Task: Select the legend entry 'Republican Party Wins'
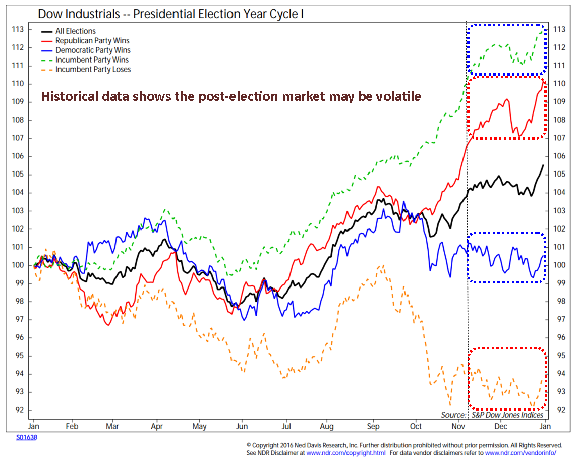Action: pyautogui.click(x=92, y=40)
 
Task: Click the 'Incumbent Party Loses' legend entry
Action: pyautogui.click(x=93, y=69)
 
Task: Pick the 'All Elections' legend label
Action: pyautogui.click(x=75, y=31)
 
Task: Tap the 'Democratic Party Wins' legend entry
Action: pyautogui.click(x=93, y=50)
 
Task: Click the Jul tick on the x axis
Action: pyautogui.click(x=286, y=426)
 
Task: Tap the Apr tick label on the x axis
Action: pyautogui.click(x=157, y=426)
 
